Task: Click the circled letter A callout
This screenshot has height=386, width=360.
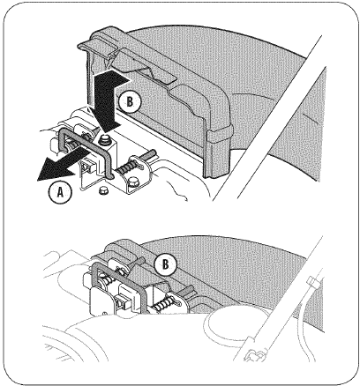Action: click(60, 192)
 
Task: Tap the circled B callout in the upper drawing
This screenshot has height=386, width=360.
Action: click(130, 101)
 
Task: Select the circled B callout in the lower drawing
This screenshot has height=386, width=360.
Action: click(166, 264)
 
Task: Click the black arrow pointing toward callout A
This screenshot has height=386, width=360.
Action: click(62, 163)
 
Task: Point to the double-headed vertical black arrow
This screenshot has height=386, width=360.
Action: click(108, 100)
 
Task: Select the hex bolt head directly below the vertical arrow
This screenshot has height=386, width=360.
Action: click(103, 139)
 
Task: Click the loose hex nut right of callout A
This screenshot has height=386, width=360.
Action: click(103, 189)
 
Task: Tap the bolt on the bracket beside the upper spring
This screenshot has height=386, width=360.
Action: click(133, 182)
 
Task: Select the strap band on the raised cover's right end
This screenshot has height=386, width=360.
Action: click(220, 133)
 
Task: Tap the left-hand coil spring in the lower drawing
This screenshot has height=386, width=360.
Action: click(109, 283)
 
